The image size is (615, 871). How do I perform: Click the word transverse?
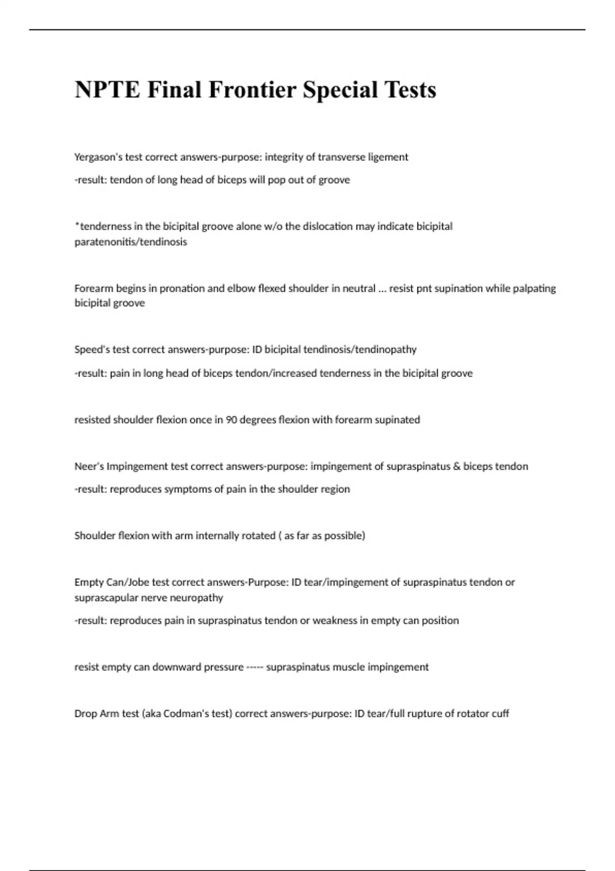click(x=342, y=157)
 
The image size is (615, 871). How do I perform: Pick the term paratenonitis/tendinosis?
click(x=131, y=242)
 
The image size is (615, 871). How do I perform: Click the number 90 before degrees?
click(x=231, y=420)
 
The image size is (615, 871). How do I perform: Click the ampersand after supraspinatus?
click(x=457, y=467)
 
